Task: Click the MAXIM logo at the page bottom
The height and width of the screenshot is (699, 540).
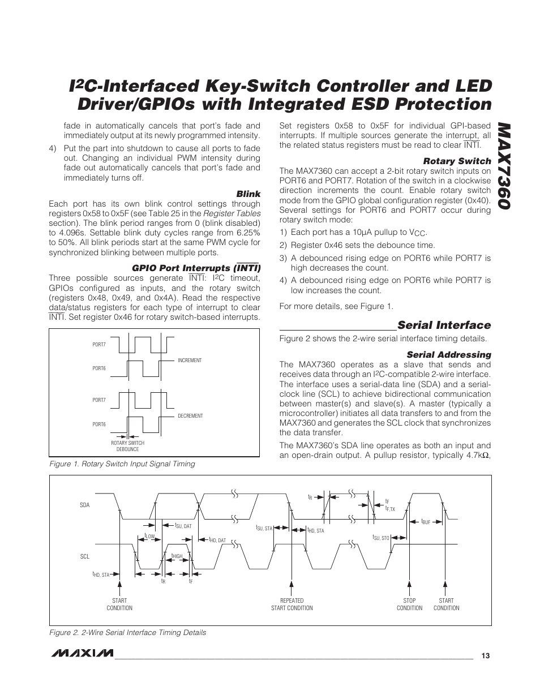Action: [81, 654]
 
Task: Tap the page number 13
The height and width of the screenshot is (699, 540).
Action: [485, 655]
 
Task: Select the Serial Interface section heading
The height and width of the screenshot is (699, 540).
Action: [444, 325]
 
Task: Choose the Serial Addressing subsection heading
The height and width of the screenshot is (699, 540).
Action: [449, 355]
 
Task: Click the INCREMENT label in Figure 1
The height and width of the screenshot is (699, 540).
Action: [190, 361]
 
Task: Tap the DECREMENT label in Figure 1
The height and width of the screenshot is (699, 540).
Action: [190, 416]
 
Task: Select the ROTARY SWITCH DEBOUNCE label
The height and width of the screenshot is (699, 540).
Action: [127, 446]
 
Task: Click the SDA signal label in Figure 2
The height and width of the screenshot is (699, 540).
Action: [85, 504]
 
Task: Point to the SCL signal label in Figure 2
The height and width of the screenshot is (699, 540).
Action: [85, 556]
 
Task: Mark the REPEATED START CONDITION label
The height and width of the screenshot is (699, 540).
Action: [292, 604]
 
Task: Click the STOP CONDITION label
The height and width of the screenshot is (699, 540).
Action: [409, 604]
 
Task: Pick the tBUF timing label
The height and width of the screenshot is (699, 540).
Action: [426, 521]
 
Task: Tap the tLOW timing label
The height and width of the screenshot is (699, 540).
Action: [149, 535]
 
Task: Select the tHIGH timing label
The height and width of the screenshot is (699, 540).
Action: [177, 556]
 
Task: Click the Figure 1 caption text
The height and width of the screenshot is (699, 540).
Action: [122, 464]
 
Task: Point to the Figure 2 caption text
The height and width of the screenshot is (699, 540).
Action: [127, 632]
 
